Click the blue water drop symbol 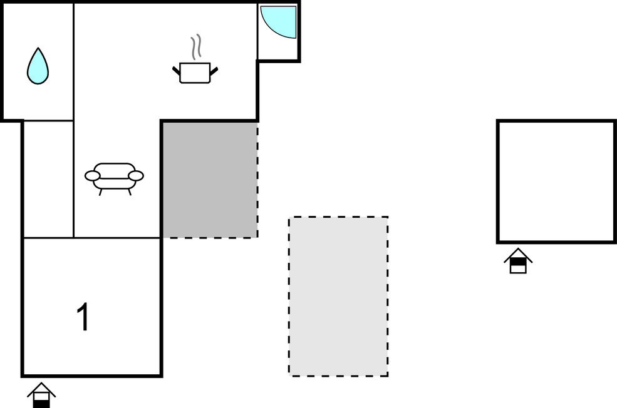(x=38, y=67)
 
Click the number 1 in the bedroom (x=83, y=317)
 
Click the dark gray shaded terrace (x=210, y=180)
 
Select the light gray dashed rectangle (x=338, y=297)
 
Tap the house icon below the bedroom (x=41, y=395)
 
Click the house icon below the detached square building (x=518, y=260)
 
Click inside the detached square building (x=556, y=181)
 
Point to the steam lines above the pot (x=196, y=47)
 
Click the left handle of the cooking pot (x=176, y=71)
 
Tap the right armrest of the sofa (x=136, y=176)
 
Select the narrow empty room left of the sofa (x=48, y=179)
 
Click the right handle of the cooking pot (x=214, y=71)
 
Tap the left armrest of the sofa (x=93, y=176)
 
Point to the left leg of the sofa (x=101, y=192)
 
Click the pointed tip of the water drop (x=38, y=48)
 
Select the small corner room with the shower (x=278, y=31)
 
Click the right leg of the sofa (x=130, y=192)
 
